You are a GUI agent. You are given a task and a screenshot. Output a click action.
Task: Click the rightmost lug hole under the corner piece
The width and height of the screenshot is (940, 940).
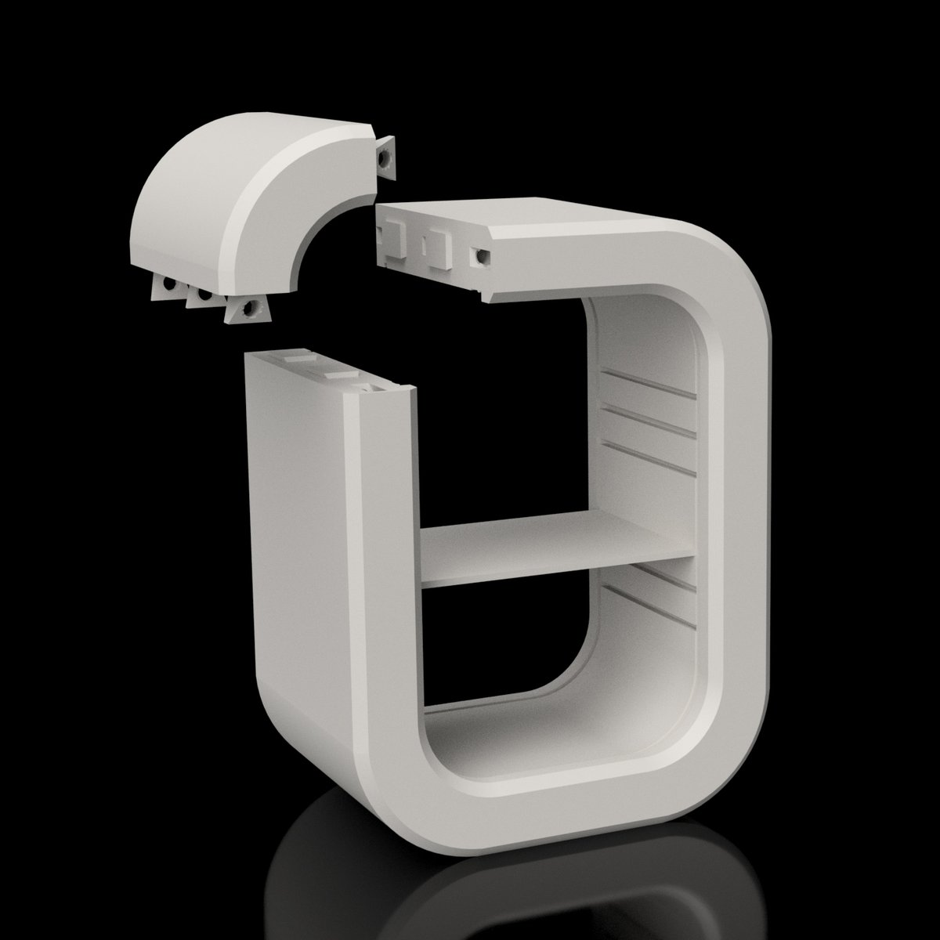pos(249,311)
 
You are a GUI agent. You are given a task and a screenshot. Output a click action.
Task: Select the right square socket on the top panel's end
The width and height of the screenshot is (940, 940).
pos(444,248)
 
